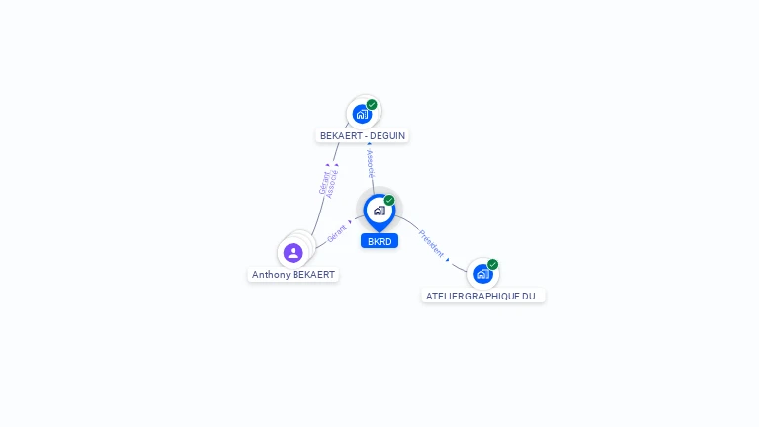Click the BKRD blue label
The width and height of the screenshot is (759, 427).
point(379,241)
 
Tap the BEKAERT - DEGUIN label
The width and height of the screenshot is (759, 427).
point(363,136)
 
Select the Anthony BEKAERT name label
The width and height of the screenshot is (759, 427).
point(294,275)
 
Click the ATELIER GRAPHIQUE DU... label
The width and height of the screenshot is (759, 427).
point(483,296)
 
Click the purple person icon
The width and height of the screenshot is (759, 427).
point(294,253)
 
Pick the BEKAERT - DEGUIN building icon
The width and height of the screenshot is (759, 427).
point(362,114)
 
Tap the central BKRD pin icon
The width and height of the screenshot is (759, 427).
point(379,211)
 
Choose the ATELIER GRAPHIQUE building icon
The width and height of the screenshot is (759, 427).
point(482,274)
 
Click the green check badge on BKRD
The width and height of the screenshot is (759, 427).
point(389,201)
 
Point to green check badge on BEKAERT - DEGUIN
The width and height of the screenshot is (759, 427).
point(372,104)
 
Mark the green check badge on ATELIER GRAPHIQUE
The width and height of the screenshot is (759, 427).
point(492,264)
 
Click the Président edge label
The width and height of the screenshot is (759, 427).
point(431,242)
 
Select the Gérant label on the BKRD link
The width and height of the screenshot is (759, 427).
point(336,234)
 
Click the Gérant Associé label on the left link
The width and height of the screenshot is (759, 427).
point(328,184)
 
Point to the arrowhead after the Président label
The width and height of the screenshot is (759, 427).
point(448,259)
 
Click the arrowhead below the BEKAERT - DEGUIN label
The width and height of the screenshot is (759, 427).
point(370,145)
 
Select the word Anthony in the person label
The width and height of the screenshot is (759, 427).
point(270,275)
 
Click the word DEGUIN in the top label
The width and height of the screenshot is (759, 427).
point(386,136)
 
